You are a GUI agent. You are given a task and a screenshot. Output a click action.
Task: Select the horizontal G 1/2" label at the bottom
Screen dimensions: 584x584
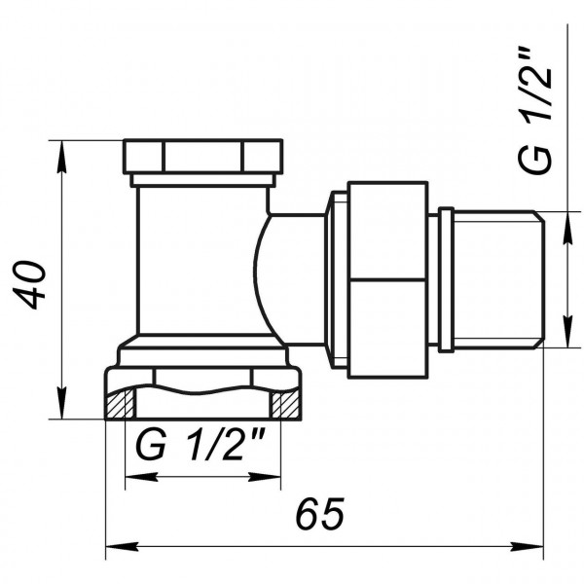pyautogui.click(x=202, y=447)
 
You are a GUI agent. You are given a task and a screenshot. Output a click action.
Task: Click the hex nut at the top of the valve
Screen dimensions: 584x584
pyautogui.click(x=203, y=156)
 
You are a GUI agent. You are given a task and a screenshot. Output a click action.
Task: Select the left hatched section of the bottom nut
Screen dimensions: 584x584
pyautogui.click(x=119, y=403)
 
